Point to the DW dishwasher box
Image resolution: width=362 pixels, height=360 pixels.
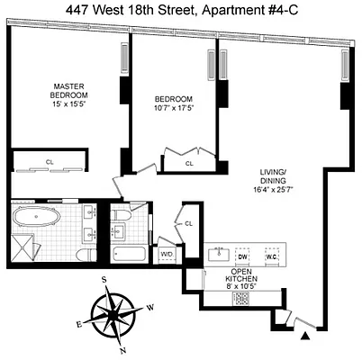(x=241, y=256)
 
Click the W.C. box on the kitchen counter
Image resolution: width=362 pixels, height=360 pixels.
(x=271, y=256)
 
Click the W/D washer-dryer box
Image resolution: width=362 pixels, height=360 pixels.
(x=167, y=254)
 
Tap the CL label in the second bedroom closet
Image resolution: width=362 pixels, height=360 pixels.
(x=190, y=165)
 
